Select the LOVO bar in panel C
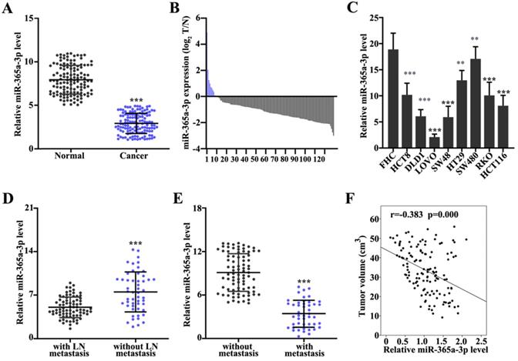(x=433, y=142)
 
